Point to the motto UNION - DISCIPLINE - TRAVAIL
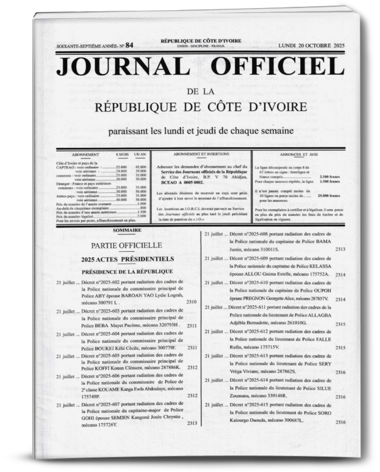click(201, 46)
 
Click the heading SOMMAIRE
click(127, 230)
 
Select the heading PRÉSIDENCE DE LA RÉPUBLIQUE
click(127, 272)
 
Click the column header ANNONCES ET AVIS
click(299, 155)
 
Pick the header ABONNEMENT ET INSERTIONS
click(201, 154)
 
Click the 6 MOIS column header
click(122, 155)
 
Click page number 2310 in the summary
click(191, 302)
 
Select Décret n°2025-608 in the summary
click(247, 234)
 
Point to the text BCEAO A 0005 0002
click(179, 182)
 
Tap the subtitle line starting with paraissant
click(201, 131)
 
